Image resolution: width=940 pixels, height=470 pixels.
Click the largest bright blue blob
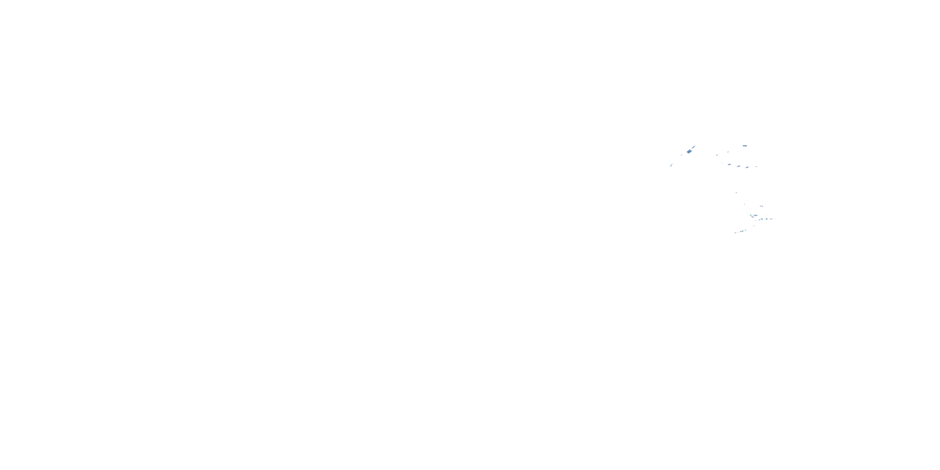(x=690, y=151)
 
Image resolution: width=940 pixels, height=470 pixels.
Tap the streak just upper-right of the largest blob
(x=694, y=147)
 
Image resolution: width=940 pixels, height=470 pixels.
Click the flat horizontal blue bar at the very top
(x=745, y=146)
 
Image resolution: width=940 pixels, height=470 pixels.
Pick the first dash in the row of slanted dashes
(x=730, y=164)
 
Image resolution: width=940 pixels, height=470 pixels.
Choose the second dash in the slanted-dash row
(x=739, y=166)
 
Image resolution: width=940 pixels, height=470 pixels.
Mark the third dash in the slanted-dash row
(x=747, y=168)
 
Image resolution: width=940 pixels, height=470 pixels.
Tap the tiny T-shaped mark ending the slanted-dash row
(x=756, y=167)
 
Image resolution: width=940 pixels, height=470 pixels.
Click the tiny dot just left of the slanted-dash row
(x=722, y=163)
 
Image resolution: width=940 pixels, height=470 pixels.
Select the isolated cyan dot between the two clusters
(x=736, y=193)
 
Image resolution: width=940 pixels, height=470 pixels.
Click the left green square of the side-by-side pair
(x=762, y=219)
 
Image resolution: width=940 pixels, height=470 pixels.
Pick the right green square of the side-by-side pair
(x=767, y=219)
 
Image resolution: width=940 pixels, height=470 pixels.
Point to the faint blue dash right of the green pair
(x=771, y=219)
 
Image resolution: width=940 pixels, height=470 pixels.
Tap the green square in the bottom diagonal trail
(x=743, y=231)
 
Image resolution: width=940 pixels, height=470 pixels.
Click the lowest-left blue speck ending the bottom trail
(x=736, y=233)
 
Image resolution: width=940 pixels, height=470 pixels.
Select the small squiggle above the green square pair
(x=762, y=206)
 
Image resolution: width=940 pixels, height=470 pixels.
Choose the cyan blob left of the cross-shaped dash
(x=751, y=215)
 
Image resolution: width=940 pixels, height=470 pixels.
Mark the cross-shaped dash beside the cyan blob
(x=756, y=216)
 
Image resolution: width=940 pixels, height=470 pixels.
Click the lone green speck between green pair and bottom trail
(x=755, y=226)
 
